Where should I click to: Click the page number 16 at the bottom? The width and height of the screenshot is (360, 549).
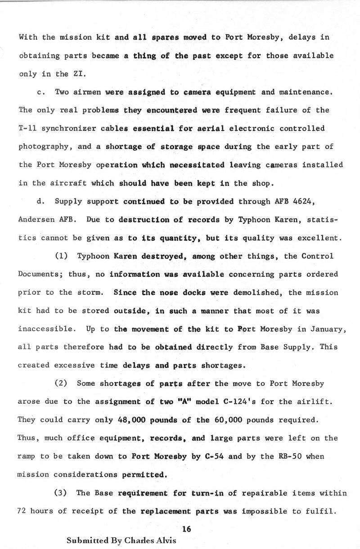click(187, 529)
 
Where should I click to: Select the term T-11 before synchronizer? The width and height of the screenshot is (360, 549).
click(27, 128)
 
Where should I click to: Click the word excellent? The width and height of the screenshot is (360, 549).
click(320, 238)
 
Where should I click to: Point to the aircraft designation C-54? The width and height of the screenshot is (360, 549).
click(214, 456)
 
